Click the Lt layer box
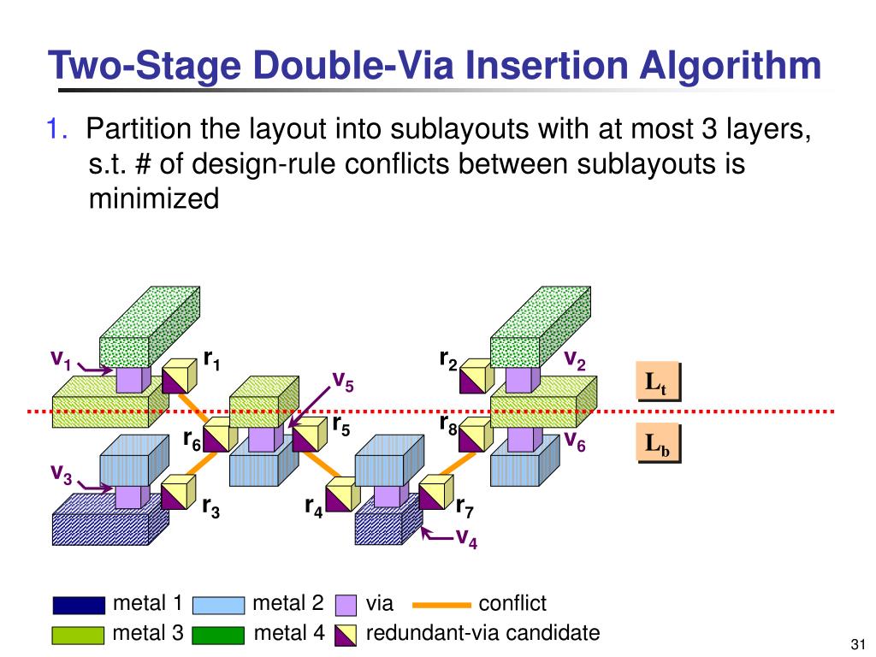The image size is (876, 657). [x=657, y=382]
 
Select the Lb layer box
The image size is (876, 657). [x=657, y=445]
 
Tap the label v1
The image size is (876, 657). [x=60, y=359]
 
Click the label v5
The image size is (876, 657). [x=342, y=380]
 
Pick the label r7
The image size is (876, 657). [x=464, y=508]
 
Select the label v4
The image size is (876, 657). [x=465, y=538]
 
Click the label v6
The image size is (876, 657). [x=573, y=441]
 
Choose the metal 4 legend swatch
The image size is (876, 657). [x=217, y=635]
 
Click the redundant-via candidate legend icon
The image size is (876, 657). [x=346, y=635]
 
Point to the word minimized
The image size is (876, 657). [x=154, y=198]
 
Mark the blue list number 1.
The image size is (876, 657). [x=58, y=130]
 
